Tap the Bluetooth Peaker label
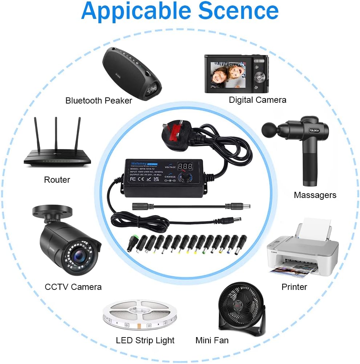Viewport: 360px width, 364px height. (x=99, y=101)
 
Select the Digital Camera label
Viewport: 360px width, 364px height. (x=258, y=100)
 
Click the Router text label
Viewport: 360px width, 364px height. (x=57, y=179)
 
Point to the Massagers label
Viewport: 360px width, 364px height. (x=315, y=195)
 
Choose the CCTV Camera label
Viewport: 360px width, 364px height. (x=73, y=287)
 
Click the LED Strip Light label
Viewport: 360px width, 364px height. (x=145, y=340)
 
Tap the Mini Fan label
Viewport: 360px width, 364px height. (x=212, y=340)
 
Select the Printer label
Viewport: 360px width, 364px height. (x=294, y=287)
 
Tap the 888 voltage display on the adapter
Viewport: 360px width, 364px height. (x=185, y=167)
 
